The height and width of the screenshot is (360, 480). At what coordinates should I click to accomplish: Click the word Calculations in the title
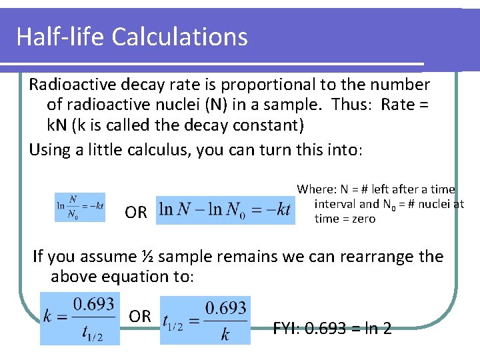coord(180,36)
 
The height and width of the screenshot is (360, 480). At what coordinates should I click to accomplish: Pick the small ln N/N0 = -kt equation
coord(80,207)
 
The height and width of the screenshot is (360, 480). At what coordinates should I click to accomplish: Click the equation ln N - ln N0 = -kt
coord(225,210)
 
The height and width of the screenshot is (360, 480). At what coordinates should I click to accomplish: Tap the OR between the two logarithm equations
coord(136,213)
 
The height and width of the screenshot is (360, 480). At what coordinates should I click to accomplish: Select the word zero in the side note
coord(363,219)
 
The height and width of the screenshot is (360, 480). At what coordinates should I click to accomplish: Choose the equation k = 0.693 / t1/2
coord(81,319)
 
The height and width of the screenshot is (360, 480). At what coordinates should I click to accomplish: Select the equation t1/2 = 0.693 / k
coord(205,320)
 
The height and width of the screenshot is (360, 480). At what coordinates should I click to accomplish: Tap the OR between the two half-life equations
coord(140,316)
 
